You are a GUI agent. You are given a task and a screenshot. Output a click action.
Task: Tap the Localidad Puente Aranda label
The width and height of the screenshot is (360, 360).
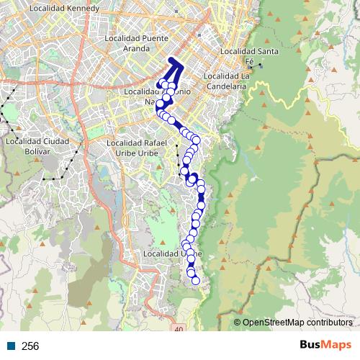point(137,42)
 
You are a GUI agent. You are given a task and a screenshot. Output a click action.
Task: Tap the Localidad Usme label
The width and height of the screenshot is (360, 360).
point(173,254)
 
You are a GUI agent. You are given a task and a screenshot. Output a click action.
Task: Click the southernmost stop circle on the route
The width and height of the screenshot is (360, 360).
point(195,281)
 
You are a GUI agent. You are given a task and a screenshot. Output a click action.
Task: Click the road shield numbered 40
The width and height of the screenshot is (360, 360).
point(179,328)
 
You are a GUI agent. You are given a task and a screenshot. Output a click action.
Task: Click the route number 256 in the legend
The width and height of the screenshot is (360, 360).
point(30,346)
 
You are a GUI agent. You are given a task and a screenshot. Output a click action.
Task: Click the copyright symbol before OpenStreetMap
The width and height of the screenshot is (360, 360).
point(238,322)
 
